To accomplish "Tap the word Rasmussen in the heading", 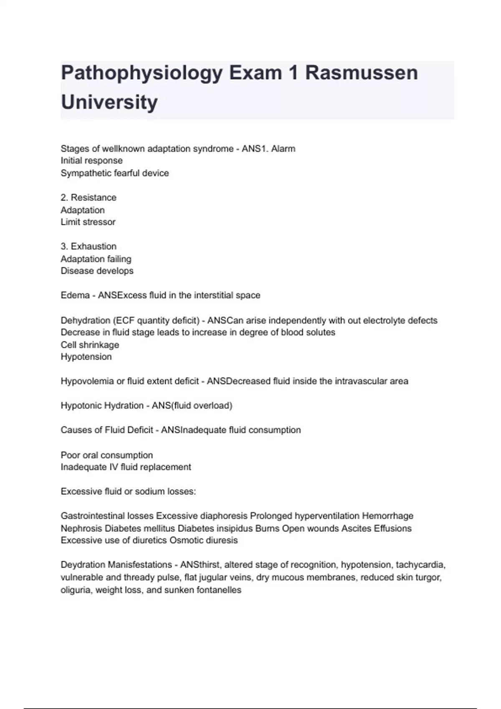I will pyautogui.click(x=361, y=73).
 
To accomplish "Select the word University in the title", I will pyautogui.click(x=109, y=102).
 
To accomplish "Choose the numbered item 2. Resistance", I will pyautogui.click(x=89, y=198).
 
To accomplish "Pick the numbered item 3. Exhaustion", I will pyautogui.click(x=89, y=246).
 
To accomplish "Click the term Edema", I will pyautogui.click(x=75, y=296).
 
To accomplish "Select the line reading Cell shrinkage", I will pyautogui.click(x=90, y=345).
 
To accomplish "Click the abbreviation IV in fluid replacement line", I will pyautogui.click(x=114, y=467).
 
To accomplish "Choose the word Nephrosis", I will pyautogui.click(x=81, y=528).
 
